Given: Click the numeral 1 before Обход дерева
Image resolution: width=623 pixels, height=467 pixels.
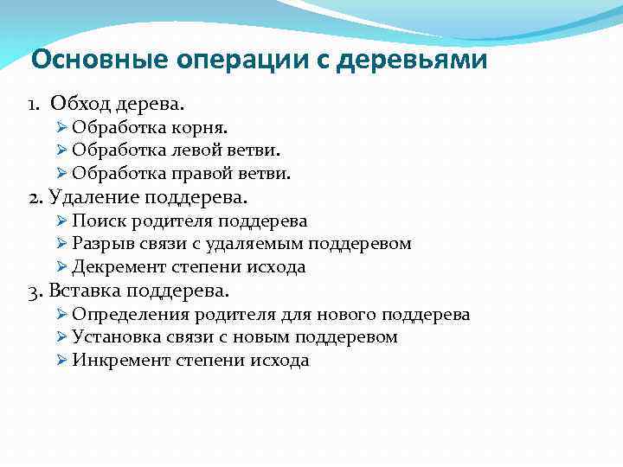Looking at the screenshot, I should [x=33, y=105].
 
